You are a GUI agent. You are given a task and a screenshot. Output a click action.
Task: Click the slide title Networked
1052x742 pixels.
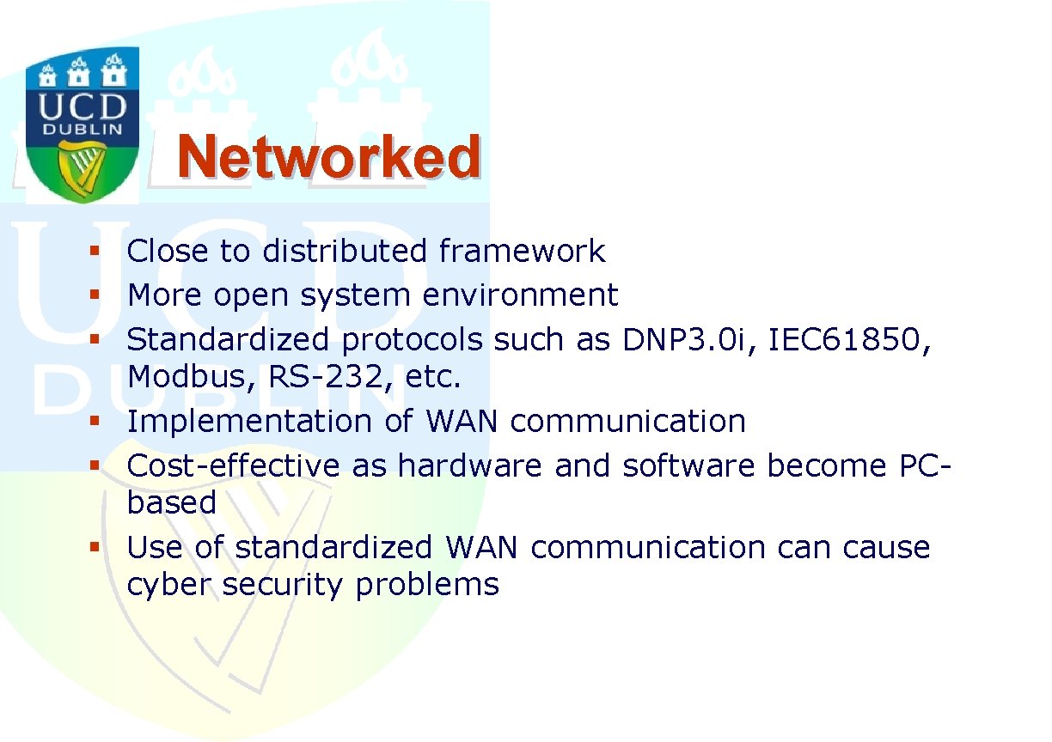tap(329, 155)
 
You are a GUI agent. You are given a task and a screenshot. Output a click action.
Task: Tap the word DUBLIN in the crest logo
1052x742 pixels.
tap(83, 129)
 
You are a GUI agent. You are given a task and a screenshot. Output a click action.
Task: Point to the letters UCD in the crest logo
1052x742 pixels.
tap(83, 106)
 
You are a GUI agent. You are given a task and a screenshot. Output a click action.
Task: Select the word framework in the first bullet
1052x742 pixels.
tap(523, 250)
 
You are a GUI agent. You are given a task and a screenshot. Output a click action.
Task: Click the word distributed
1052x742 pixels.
tap(345, 250)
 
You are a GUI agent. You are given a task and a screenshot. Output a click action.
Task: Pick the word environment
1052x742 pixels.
tap(520, 295)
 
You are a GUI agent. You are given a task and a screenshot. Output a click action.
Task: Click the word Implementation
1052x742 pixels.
tap(249, 421)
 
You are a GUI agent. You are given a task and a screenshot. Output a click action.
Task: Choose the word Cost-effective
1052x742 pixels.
tap(233, 465)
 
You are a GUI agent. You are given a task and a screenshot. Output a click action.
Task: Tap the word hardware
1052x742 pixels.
tap(469, 465)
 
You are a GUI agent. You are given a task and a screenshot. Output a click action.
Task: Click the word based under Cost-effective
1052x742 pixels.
tap(172, 502)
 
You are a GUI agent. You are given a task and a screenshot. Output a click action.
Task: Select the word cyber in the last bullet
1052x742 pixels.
tap(168, 585)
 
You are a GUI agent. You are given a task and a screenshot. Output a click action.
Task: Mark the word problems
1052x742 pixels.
tap(427, 585)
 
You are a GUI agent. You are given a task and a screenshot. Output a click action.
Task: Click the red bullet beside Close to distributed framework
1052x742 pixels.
tap(95, 251)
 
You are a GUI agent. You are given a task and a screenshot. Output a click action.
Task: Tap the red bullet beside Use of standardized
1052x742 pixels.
tap(95, 547)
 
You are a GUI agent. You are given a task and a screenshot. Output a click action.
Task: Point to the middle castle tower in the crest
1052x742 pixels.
tap(78, 72)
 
